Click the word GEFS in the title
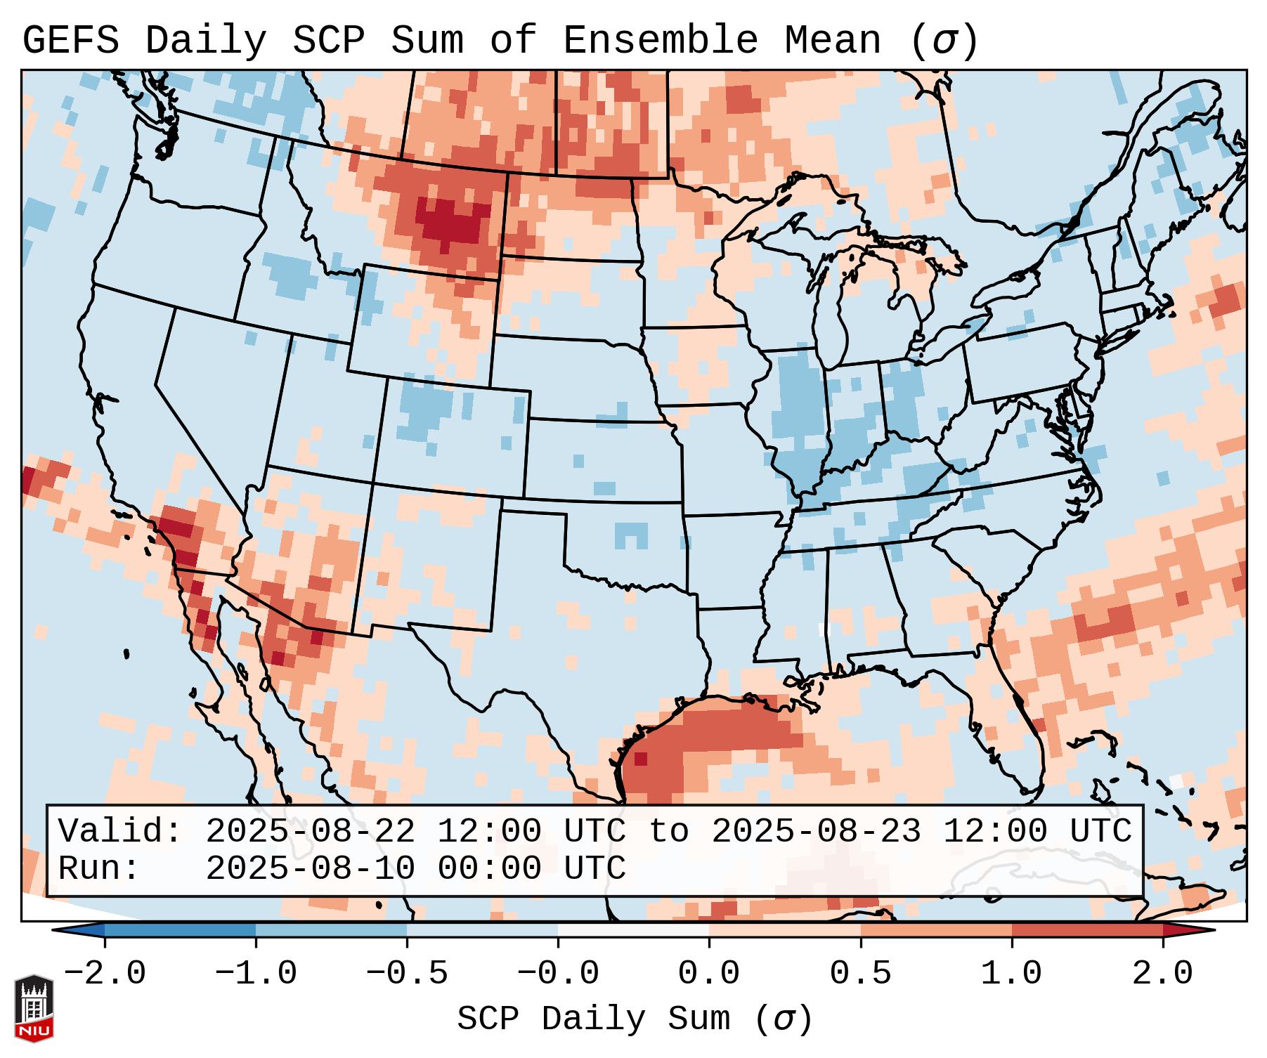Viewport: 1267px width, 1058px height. [71, 41]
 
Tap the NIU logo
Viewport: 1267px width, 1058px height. [34, 1008]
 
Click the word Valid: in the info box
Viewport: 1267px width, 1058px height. [120, 832]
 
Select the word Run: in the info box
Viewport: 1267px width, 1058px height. [99, 869]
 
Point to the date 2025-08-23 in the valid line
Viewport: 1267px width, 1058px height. [816, 832]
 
